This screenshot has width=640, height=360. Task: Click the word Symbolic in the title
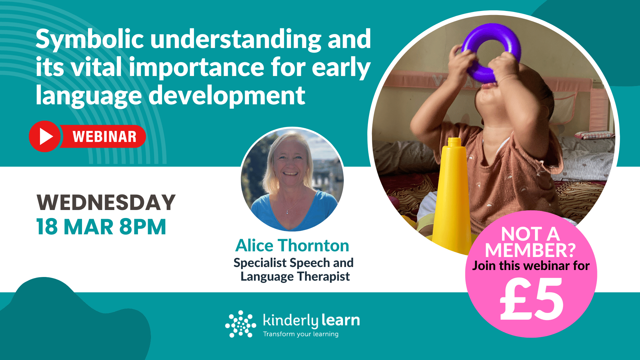89,39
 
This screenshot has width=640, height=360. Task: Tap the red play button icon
45,136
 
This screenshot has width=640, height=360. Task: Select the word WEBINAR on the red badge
104,137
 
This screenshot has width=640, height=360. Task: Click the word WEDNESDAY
106,202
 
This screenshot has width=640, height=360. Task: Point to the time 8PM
143,227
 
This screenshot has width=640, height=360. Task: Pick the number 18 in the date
47,227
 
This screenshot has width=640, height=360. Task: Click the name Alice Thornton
292,246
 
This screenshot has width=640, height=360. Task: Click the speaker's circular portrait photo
292,180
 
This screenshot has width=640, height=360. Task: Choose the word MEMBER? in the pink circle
530,250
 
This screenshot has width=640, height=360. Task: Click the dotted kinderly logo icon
240,324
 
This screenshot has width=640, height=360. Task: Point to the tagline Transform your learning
301,334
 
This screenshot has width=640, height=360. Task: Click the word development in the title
227,96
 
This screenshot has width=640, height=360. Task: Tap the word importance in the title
197,68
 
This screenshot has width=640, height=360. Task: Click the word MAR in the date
88,227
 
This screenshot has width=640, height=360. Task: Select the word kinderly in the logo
291,321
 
